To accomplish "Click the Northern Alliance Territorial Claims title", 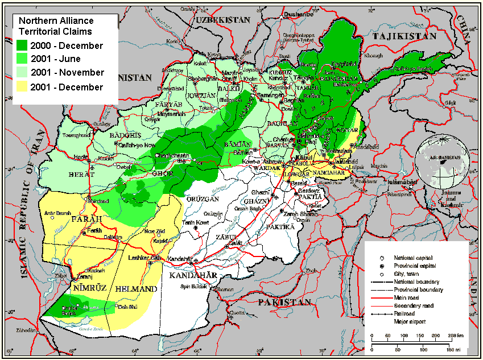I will [55, 26].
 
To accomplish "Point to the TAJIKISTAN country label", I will [404, 36].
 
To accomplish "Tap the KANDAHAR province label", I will [193, 276].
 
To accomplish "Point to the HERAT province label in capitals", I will [79, 175].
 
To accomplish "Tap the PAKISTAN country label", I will [284, 301].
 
